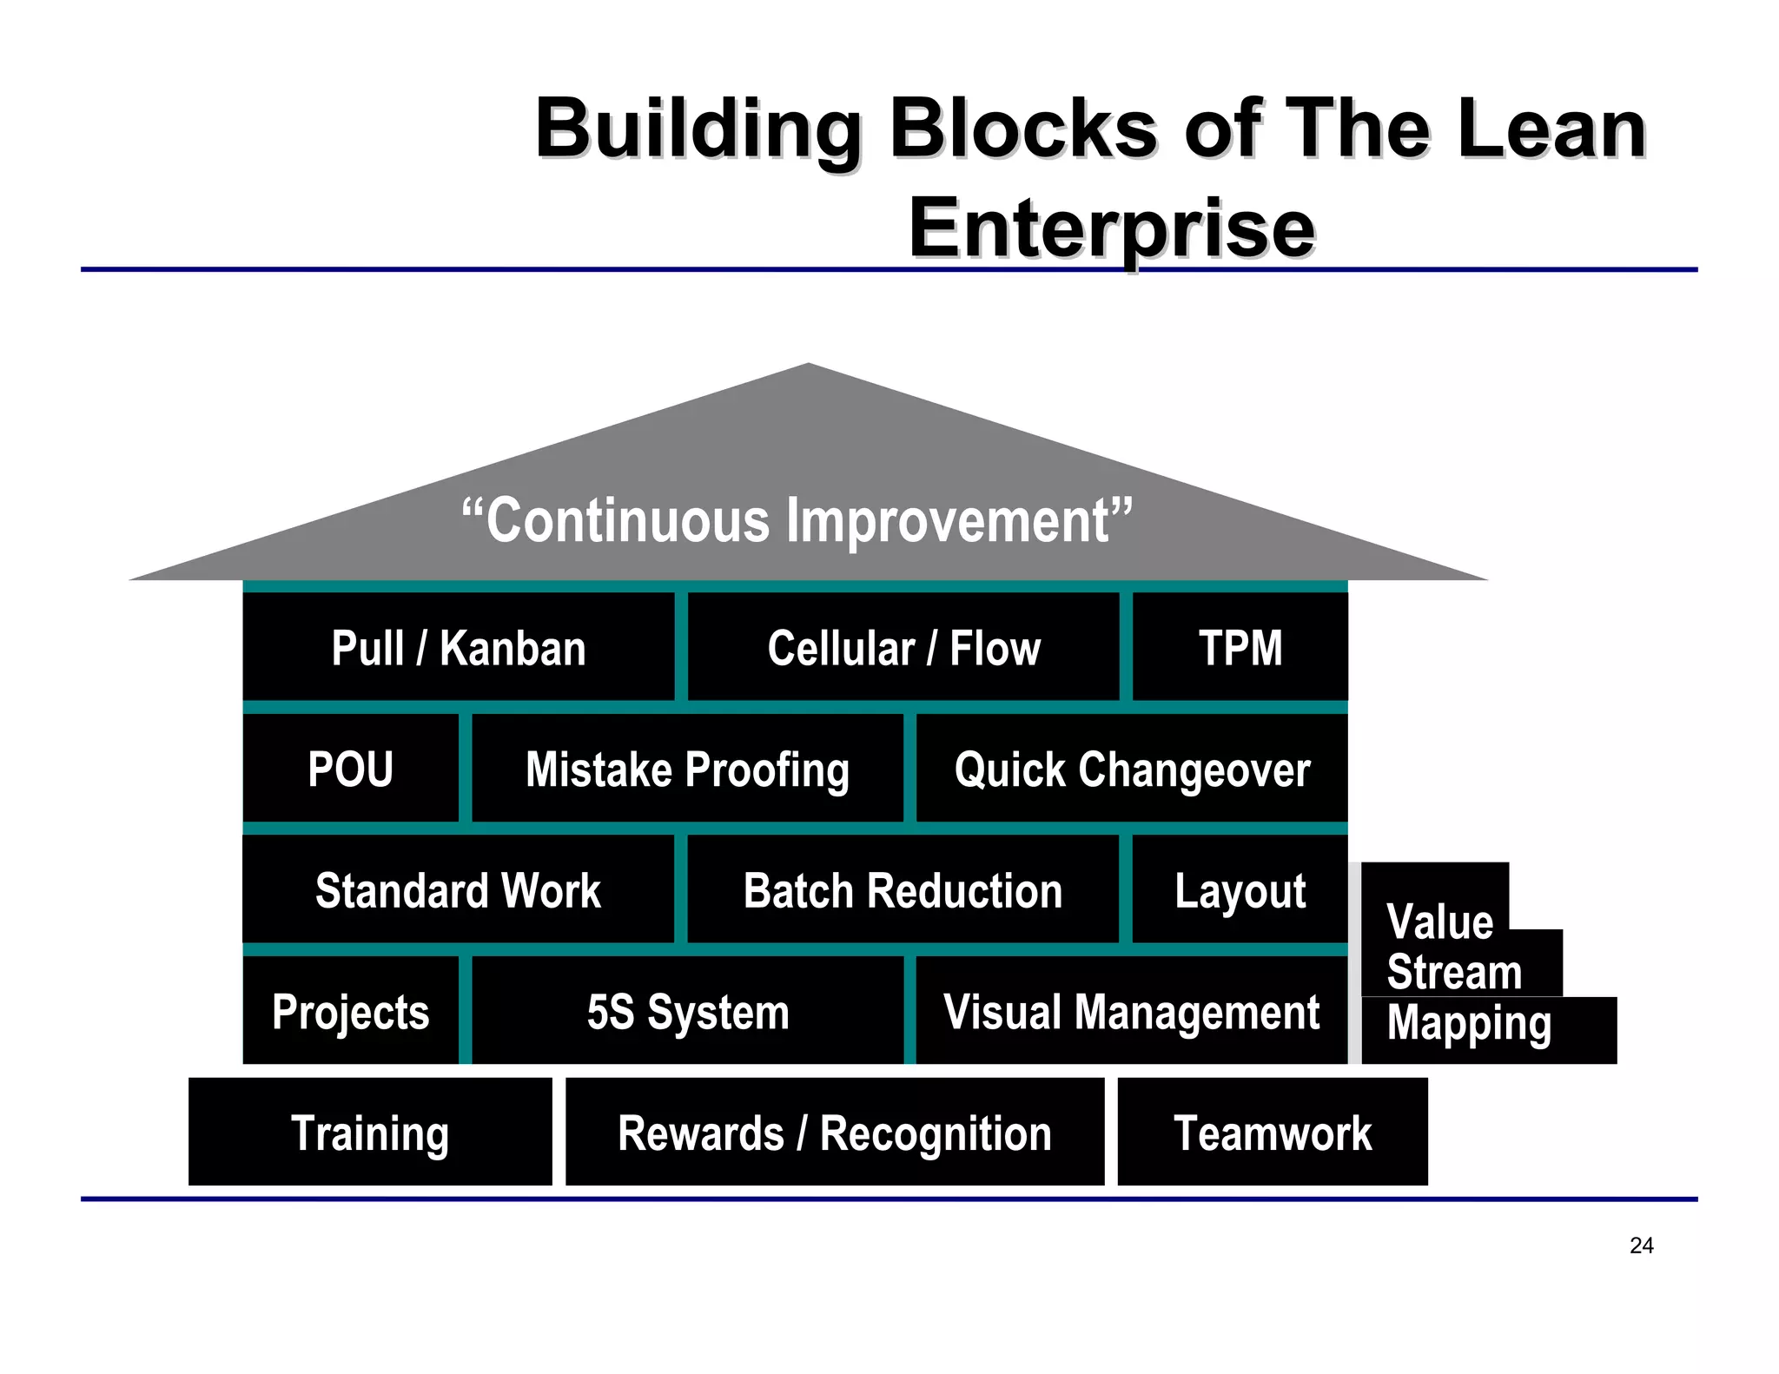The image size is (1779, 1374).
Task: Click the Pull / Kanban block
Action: point(459,648)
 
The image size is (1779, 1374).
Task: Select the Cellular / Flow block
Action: point(903,648)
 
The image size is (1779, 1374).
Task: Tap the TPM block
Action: point(1240,648)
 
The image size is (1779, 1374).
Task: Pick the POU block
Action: point(350,770)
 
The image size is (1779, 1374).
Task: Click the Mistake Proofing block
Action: point(687,770)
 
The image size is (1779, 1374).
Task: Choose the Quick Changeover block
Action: point(1132,770)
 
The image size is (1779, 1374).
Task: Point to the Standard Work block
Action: point(458,890)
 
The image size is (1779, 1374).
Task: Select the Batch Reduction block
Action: point(903,890)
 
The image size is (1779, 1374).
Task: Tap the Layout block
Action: point(1240,890)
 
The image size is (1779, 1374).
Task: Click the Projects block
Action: point(350,1012)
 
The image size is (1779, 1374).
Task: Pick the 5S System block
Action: point(687,1012)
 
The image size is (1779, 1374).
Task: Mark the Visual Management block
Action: point(1132,1012)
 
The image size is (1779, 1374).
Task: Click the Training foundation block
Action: point(370,1133)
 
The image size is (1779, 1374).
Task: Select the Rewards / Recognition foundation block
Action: point(835,1133)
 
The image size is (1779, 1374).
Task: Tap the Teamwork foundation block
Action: point(1273,1133)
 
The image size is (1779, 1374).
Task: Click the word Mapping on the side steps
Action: point(1469,1024)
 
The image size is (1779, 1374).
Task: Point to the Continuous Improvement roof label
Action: point(797,520)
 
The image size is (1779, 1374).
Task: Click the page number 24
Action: point(1641,1245)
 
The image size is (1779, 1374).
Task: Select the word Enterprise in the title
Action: point(1112,228)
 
